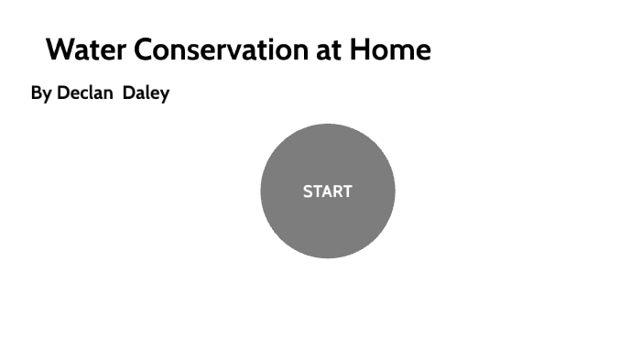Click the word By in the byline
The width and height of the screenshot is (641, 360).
41,93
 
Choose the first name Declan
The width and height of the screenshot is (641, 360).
86,93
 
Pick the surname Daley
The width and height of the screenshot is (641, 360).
147,93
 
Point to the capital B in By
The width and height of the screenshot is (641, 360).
37,93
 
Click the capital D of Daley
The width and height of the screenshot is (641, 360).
129,93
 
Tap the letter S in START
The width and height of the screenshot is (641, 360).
308,191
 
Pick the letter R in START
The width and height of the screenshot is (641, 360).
336,191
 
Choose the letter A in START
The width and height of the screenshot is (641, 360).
326,191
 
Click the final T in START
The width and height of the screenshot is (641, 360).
347,191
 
